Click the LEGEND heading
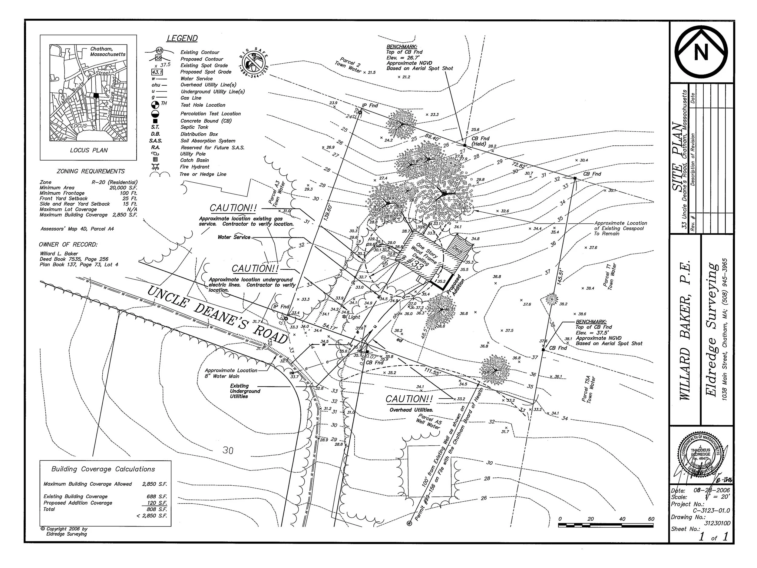pos(182,38)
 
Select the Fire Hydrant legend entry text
pos(194,167)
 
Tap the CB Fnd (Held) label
pos(480,141)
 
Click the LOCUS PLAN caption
pos(89,150)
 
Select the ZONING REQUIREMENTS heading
pos(91,171)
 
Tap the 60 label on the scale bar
pos(651,519)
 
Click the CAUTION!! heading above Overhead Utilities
pos(409,399)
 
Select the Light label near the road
pos(354,317)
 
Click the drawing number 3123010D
pos(717,523)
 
